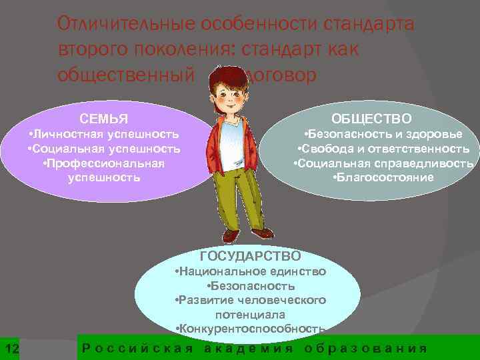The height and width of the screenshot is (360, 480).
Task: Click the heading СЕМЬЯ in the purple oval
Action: click(103, 119)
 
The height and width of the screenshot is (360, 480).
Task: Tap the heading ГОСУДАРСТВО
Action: click(250, 256)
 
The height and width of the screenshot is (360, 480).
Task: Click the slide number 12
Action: click(12, 349)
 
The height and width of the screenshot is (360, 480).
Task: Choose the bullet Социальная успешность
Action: click(104, 148)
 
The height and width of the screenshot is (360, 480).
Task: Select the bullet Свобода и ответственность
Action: click(383, 148)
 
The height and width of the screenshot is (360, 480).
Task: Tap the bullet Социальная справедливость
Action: click(383, 163)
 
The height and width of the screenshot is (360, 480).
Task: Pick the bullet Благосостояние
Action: click(383, 177)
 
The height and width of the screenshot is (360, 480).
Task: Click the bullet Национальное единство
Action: click(249, 271)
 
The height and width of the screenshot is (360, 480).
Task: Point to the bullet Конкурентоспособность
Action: click(249, 328)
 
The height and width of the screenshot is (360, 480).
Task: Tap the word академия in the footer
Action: click(248, 349)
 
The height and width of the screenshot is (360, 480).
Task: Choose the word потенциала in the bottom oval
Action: click(250, 314)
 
